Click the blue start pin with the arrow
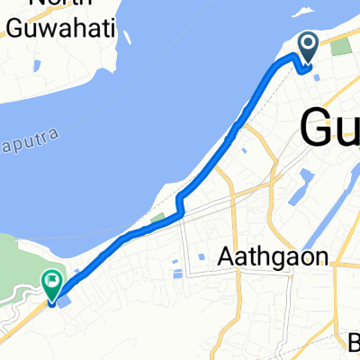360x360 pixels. [x=307, y=47]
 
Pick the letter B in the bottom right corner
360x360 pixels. [x=354, y=342]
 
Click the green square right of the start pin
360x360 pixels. [x=340, y=47]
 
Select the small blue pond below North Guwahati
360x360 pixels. [x=36, y=66]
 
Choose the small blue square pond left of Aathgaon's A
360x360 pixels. [x=202, y=256]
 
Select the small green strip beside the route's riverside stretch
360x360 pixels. [x=159, y=218]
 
